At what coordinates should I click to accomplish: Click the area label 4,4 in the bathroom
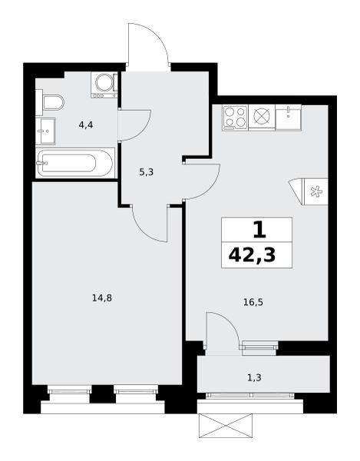pyautogui.click(x=86, y=125)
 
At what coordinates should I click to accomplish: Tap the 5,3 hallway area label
pyautogui.click(x=147, y=172)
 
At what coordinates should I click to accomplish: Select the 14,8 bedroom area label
pyautogui.click(x=102, y=298)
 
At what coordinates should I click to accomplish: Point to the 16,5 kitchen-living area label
pyautogui.click(x=253, y=302)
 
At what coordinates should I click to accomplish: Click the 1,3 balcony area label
pyautogui.click(x=254, y=377)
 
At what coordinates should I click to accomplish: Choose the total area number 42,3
pyautogui.click(x=253, y=255)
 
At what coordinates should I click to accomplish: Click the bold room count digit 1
pyautogui.click(x=259, y=230)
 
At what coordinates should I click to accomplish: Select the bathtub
pyautogui.click(x=75, y=163)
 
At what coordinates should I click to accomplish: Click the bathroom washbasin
pyautogui.click(x=45, y=131)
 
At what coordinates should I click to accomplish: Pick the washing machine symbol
pyautogui.click(x=104, y=85)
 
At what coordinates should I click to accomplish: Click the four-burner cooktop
pyautogui.click(x=235, y=118)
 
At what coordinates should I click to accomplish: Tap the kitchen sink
pyautogui.click(x=289, y=117)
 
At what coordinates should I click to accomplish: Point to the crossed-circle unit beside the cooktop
pyautogui.click(x=262, y=117)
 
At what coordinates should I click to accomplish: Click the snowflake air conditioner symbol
pyautogui.click(x=316, y=191)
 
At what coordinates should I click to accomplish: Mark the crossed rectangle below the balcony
pyautogui.click(x=225, y=426)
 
